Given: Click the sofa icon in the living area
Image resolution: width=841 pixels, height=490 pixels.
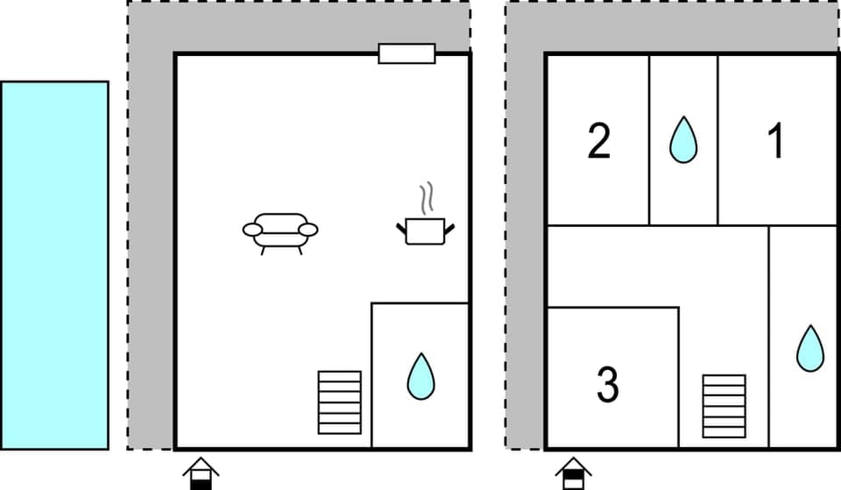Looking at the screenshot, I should (280, 231).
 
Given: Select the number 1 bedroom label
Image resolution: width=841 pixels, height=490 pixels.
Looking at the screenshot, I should (775, 141).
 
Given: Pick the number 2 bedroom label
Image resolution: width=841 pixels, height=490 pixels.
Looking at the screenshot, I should (598, 141).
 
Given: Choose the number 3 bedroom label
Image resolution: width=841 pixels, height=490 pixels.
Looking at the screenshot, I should (607, 384).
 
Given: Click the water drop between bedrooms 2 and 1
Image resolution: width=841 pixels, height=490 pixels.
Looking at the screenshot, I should (683, 140).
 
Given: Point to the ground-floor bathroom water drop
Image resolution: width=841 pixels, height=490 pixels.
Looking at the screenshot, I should (421, 376).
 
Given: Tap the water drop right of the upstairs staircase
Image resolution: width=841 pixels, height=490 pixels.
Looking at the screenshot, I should (809, 348).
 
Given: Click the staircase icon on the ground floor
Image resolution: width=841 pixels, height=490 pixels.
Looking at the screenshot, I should (339, 402).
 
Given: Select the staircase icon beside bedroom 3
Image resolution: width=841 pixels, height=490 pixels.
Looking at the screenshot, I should (724, 406).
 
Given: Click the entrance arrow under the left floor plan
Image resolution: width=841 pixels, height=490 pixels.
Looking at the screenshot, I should (201, 473).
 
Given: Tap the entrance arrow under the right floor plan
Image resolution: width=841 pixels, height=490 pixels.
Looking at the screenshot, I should (574, 473).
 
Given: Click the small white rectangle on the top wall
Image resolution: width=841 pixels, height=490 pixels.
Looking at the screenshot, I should (406, 53).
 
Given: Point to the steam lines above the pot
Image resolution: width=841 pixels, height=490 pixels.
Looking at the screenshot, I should (427, 198).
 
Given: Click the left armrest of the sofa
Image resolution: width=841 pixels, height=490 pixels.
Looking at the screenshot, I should (252, 230).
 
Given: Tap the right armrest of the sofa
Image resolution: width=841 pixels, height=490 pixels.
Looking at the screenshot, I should (308, 230).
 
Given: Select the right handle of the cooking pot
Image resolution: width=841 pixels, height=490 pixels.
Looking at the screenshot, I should (450, 229).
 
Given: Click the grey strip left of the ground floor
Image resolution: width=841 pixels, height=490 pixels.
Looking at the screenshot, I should (151, 263).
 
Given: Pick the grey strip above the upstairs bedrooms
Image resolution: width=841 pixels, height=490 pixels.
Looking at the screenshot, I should (675, 26).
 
